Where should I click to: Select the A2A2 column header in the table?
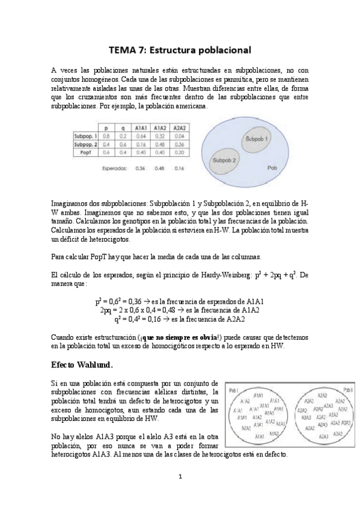pyautogui.click(x=178, y=128)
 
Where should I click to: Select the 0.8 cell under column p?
pyautogui.click(x=106, y=137)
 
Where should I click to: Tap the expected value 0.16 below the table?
pyautogui.click(x=178, y=168)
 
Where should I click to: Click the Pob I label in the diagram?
pyautogui.click(x=233, y=390)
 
